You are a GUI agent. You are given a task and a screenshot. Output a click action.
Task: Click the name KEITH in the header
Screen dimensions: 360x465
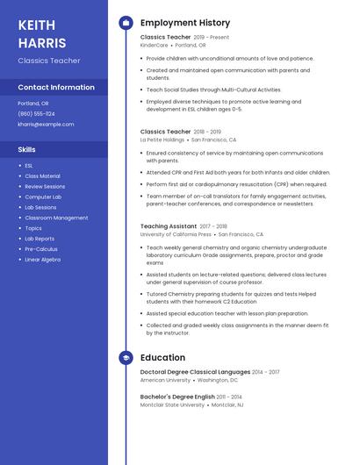coord(36,25)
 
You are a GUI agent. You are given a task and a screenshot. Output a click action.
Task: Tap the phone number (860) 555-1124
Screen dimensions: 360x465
coord(36,113)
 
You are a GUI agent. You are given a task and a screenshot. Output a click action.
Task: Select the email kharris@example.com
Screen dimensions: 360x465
coord(46,124)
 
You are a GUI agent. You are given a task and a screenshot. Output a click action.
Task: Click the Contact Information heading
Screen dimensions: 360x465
coord(56,87)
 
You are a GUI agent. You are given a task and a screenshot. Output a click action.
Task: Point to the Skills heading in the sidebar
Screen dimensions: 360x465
coord(26,149)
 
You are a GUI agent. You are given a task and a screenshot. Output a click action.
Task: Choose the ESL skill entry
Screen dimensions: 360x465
coord(29,165)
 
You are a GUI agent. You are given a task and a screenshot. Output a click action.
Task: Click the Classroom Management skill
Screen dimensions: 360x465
coord(56,218)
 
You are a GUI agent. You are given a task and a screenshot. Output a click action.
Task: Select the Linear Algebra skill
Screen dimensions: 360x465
coord(42,260)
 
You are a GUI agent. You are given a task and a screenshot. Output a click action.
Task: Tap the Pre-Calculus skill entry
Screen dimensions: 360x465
coord(40,249)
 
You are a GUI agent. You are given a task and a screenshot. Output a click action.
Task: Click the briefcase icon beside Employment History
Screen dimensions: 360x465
coord(126,23)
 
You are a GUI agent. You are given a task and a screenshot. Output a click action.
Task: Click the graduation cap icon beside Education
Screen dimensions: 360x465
coord(126,358)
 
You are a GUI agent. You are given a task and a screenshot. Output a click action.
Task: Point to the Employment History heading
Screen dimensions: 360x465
coord(185,23)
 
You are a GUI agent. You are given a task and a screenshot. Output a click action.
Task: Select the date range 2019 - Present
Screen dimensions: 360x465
coord(211,38)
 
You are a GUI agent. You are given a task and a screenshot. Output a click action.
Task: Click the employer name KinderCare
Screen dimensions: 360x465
coord(154,45)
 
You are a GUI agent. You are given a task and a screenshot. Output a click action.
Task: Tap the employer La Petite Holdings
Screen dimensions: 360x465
coord(162,139)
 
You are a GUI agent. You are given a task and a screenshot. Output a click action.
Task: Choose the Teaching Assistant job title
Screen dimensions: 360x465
coord(169,226)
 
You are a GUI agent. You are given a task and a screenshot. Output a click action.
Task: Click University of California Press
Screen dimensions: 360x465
coord(176,234)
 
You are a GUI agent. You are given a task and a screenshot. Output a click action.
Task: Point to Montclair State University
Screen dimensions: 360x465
coord(173,404)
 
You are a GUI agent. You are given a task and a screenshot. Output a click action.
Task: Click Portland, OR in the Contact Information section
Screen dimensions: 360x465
coord(33,103)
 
